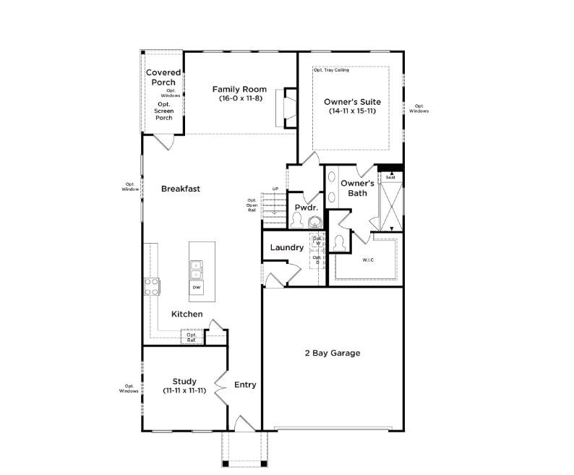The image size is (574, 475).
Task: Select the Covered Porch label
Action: point(163,77)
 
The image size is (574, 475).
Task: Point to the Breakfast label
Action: point(181,189)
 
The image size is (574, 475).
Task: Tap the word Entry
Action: point(245,385)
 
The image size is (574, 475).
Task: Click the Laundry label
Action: point(286,247)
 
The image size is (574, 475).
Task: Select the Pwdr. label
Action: point(301,207)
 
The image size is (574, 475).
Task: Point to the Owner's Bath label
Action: point(357,188)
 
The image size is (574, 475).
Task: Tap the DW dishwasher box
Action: point(197,288)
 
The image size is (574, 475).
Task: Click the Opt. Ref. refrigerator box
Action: point(192,336)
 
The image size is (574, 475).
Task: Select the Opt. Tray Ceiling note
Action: point(332,70)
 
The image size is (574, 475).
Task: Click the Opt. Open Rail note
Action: point(252,205)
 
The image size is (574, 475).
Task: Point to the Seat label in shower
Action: point(390,176)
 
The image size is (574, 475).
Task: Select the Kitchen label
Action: point(187,314)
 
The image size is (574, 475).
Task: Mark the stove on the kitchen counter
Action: point(152,287)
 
